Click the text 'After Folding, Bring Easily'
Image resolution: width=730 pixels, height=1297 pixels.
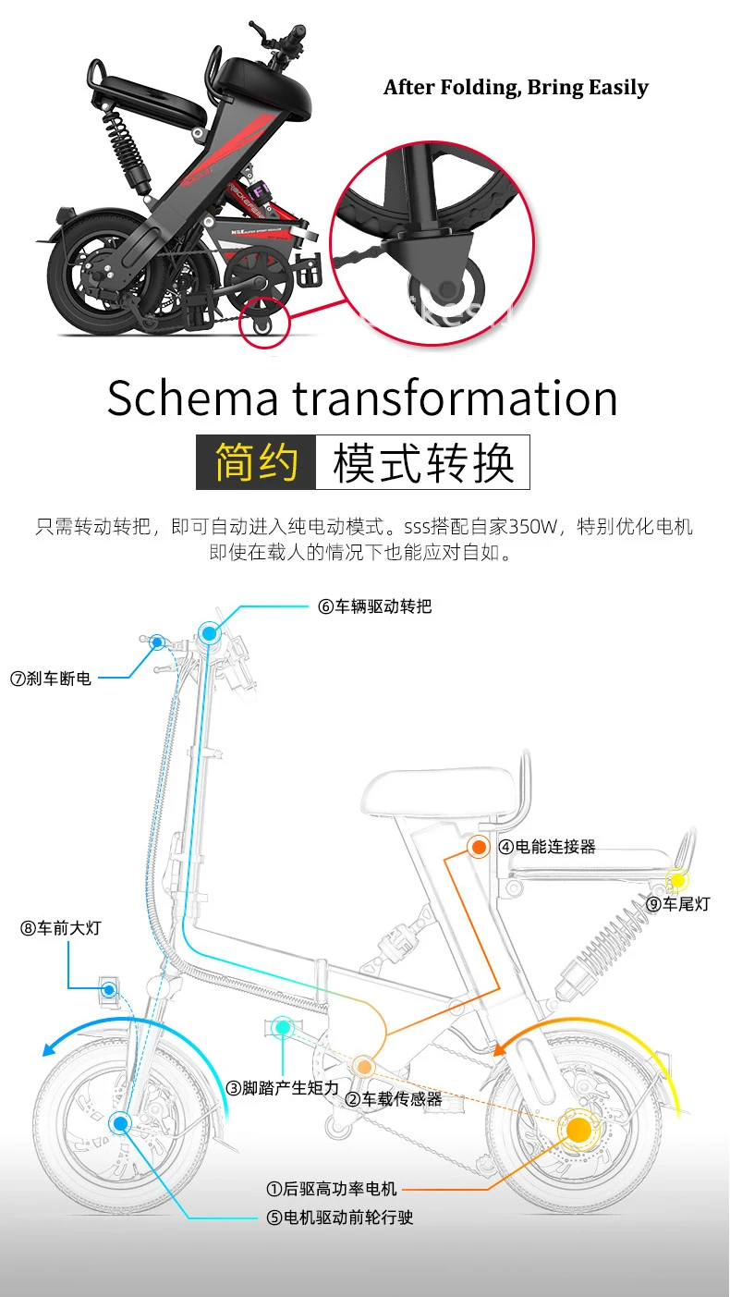516,88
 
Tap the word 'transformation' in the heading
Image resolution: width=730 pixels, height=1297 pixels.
456,398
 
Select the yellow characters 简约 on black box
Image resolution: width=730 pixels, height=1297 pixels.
256,462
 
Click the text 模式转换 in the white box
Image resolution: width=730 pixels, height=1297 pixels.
422,462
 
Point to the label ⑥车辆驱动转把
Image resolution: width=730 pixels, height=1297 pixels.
374,606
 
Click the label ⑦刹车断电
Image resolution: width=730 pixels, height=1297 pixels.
51,679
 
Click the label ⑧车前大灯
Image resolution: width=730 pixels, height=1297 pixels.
60,928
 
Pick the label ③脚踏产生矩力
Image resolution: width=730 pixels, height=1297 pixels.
284,1088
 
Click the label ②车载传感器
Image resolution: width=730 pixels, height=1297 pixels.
394,1099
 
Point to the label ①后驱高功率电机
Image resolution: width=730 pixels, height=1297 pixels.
332,1189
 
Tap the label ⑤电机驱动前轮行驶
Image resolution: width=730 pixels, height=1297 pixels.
340,1217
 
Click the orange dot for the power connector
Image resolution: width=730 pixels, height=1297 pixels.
479,846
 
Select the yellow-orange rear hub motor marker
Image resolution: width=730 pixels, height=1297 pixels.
578,1130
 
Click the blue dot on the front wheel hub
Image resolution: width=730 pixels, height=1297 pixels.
120,1123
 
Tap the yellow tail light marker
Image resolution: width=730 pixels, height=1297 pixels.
677,880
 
